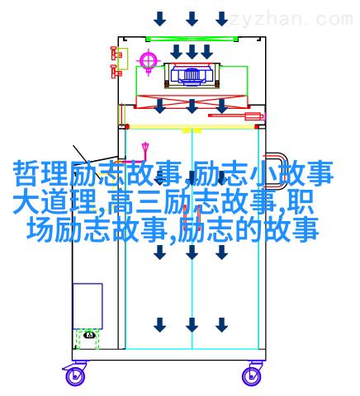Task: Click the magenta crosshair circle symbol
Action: pos(149,61)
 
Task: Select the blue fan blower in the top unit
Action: pos(192,74)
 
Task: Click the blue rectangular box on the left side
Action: pos(88,306)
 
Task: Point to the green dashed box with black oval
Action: pos(88,339)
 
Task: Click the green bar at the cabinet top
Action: pos(192,39)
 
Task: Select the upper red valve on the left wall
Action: pos(116,54)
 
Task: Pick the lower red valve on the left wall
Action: pos(116,72)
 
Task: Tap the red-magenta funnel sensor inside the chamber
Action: pos(145,151)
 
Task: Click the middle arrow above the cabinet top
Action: pos(192,19)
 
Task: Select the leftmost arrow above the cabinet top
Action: pos(160,19)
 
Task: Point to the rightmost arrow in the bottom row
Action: pos(221,325)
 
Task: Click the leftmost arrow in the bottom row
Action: pos(160,325)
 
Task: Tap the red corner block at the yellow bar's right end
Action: pos(258,127)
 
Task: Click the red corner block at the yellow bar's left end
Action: pos(126,127)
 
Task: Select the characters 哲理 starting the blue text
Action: pos(40,174)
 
